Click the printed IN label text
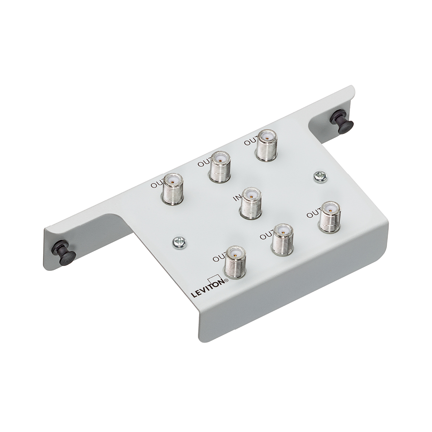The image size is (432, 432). (237, 198)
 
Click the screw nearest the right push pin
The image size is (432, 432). (320, 176)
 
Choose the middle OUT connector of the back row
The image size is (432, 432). (219, 166)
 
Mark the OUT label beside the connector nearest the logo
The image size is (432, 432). (219, 258)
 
